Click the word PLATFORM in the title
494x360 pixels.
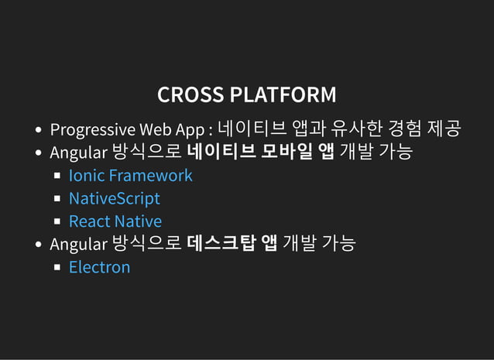click(x=283, y=95)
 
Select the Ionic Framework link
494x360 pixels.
click(x=130, y=176)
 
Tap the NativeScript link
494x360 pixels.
click(x=114, y=199)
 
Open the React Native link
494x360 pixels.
click(x=115, y=221)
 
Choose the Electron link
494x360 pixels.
click(x=99, y=268)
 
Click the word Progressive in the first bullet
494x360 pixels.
click(x=93, y=129)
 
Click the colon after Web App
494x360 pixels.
click(x=211, y=129)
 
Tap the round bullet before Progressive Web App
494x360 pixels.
click(x=38, y=129)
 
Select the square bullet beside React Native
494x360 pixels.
click(x=57, y=222)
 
